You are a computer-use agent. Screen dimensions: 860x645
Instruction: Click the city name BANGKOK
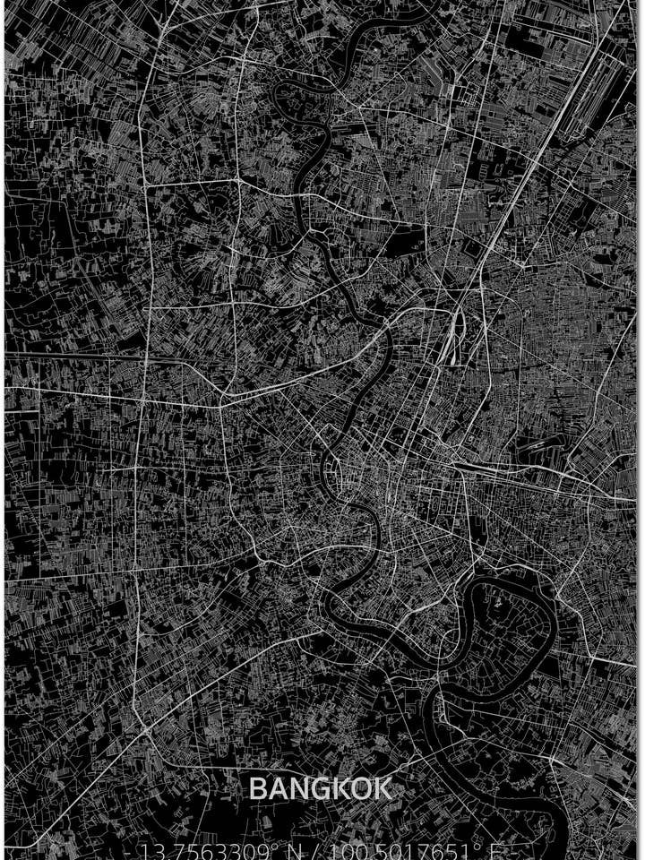320,789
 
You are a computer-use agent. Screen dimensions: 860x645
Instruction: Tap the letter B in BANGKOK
256,789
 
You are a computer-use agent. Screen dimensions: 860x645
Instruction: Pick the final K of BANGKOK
383,789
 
